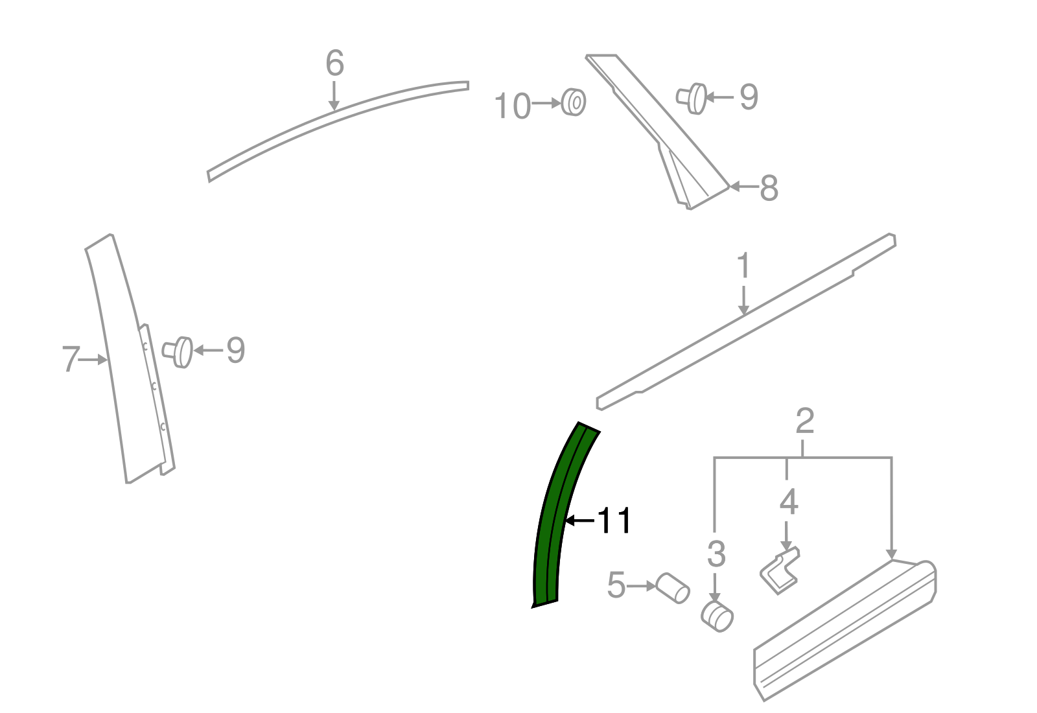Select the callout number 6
click(334, 63)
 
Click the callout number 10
click(512, 106)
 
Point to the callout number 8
click(769, 188)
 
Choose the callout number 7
click(71, 359)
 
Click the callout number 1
click(743, 266)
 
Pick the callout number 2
click(804, 421)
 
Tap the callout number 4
click(788, 502)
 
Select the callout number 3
click(716, 554)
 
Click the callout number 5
click(616, 585)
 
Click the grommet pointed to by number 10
click(574, 102)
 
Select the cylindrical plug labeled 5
click(672, 588)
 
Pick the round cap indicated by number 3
click(717, 616)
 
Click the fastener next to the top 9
click(692, 99)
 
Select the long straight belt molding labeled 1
click(746, 321)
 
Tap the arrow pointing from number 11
click(579, 520)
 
